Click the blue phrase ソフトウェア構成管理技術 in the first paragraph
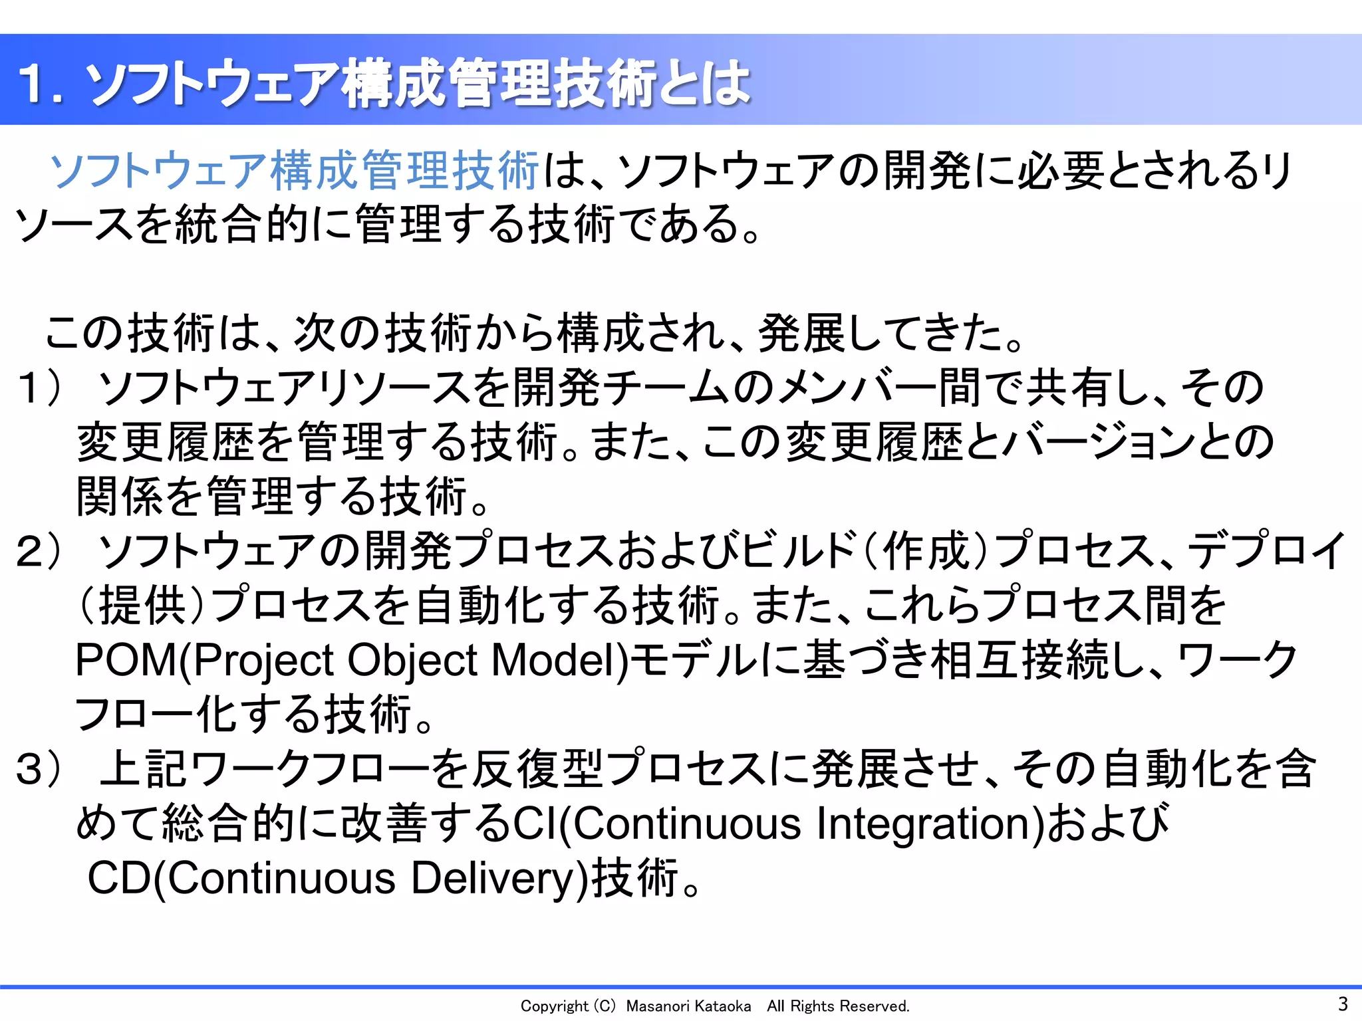(294, 171)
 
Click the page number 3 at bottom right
(1342, 1004)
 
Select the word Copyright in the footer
(554, 1006)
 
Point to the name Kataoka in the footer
(722, 1006)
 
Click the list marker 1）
(41, 388)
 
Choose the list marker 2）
(41, 552)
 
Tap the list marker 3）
(41, 770)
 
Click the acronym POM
(126, 661)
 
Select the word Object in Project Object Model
(412, 661)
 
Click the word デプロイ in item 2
(1267, 552)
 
